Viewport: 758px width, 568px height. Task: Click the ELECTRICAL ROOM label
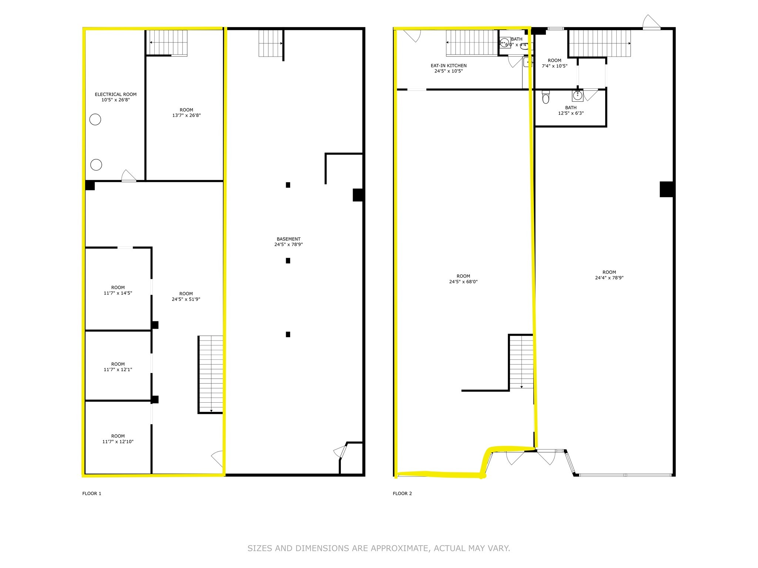[115, 97]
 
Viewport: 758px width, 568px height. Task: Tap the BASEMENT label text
[289, 242]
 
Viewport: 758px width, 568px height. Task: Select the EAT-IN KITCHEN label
[449, 68]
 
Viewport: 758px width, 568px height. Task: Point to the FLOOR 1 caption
[92, 493]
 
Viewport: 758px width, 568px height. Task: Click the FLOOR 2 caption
[402, 493]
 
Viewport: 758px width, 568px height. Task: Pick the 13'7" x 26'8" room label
[187, 112]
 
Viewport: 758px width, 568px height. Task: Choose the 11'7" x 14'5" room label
[118, 290]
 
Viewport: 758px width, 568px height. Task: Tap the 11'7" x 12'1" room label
[118, 367]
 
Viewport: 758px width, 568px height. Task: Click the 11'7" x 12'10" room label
[118, 439]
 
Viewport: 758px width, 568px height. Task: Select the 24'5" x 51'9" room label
[186, 297]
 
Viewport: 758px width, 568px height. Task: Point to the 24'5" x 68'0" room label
[463, 279]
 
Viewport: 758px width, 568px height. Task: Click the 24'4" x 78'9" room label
[609, 275]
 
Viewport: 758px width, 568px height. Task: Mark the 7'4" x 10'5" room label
[554, 63]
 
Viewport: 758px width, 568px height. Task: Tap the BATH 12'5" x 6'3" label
[571, 111]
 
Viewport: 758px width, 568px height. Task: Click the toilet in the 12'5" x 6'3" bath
[546, 97]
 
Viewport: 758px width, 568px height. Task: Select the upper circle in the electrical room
[95, 119]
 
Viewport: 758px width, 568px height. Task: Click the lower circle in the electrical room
[96, 165]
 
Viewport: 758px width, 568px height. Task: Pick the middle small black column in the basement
[288, 261]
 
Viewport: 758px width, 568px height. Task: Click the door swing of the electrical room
[129, 176]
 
